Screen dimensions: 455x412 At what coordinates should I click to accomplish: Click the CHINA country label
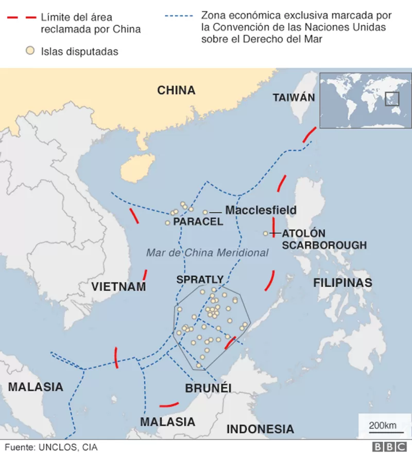click(x=176, y=91)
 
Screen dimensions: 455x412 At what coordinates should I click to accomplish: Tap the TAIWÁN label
click(x=294, y=97)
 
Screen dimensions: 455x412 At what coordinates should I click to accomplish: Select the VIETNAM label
click(x=118, y=287)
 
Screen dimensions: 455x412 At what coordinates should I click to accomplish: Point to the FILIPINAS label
click(x=342, y=283)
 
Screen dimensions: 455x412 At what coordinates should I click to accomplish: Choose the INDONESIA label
click(x=260, y=429)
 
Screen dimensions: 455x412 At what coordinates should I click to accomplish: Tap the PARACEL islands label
click(x=198, y=222)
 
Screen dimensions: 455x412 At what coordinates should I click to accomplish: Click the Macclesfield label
click(x=261, y=210)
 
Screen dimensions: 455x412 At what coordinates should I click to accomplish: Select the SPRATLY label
click(x=200, y=279)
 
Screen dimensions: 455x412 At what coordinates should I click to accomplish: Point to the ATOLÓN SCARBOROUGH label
click(x=324, y=239)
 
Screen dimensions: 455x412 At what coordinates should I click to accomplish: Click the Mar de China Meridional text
click(x=207, y=253)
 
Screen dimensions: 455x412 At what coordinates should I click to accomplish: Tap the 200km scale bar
click(x=382, y=426)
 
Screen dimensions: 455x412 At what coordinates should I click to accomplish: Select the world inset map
click(x=366, y=100)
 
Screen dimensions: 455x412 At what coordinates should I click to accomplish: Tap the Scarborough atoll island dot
click(x=266, y=234)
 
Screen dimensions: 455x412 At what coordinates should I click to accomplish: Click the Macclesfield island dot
click(x=205, y=212)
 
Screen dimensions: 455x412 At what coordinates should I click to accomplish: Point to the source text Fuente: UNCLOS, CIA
click(x=51, y=447)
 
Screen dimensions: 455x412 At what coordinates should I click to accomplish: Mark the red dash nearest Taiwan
click(x=310, y=133)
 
